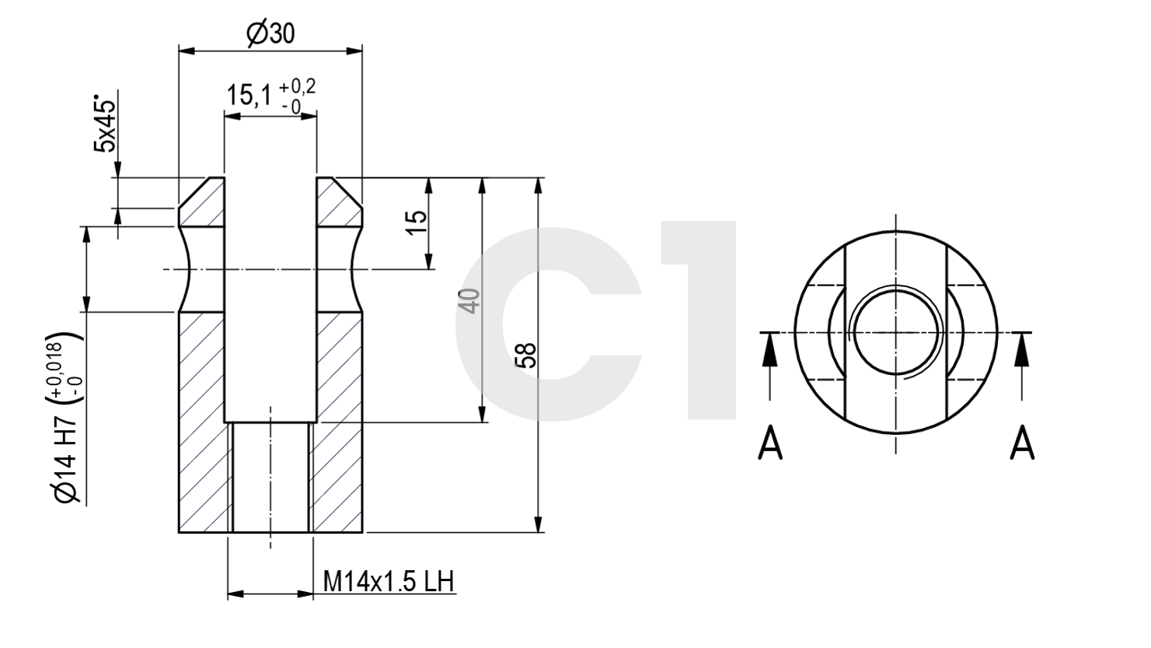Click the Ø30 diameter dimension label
point(270,34)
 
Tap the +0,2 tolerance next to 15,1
point(298,86)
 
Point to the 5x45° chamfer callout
point(105,124)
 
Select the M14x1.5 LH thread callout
point(389,581)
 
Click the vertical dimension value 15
point(417,222)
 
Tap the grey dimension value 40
point(469,301)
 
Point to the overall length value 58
point(525,356)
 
